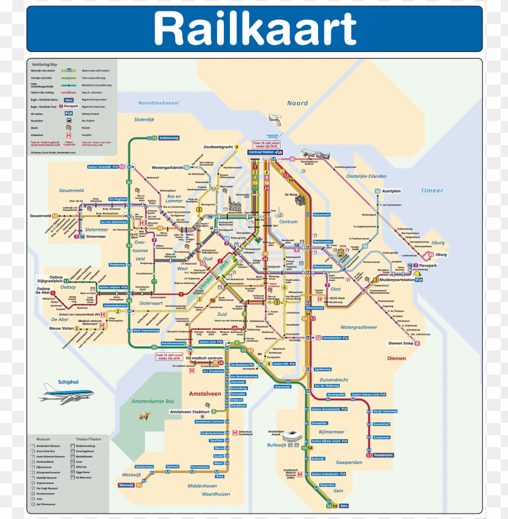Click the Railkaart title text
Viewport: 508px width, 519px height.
pyautogui.click(x=255, y=28)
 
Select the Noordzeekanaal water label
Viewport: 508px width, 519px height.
pyautogui.click(x=158, y=103)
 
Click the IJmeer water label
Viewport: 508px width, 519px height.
pyautogui.click(x=432, y=191)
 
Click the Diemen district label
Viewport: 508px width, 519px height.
pyautogui.click(x=397, y=358)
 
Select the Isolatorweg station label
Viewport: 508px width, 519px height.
pyautogui.click(x=169, y=138)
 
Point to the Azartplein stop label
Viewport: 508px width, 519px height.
pyautogui.click(x=392, y=191)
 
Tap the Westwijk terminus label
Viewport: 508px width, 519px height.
pyautogui.click(x=126, y=485)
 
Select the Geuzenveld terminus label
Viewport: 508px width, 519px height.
pyautogui.click(x=41, y=216)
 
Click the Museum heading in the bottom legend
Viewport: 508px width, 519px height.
pyautogui.click(x=44, y=439)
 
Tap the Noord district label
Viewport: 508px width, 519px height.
pyautogui.click(x=298, y=103)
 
